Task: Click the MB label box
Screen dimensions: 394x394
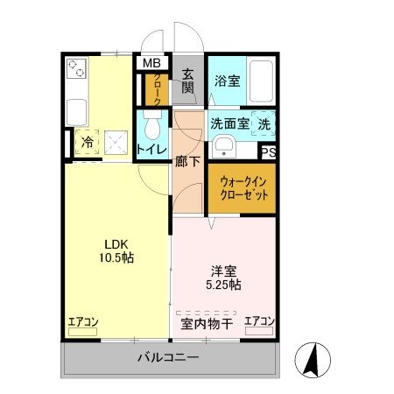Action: point(151,63)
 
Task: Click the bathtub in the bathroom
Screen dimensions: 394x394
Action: point(264,80)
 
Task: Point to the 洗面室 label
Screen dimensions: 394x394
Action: point(229,124)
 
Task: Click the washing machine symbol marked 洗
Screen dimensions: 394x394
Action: point(264,125)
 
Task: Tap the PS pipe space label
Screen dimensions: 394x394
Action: point(269,151)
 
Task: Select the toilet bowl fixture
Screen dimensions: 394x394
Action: point(151,129)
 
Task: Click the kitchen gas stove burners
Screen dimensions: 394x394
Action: point(75,69)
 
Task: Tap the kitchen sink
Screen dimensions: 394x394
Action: point(75,111)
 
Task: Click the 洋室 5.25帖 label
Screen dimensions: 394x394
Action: point(224,278)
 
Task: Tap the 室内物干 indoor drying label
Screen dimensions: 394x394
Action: point(207,324)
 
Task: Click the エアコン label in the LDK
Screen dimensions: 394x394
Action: point(82,321)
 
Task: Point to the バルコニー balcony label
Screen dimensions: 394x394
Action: point(168,357)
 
